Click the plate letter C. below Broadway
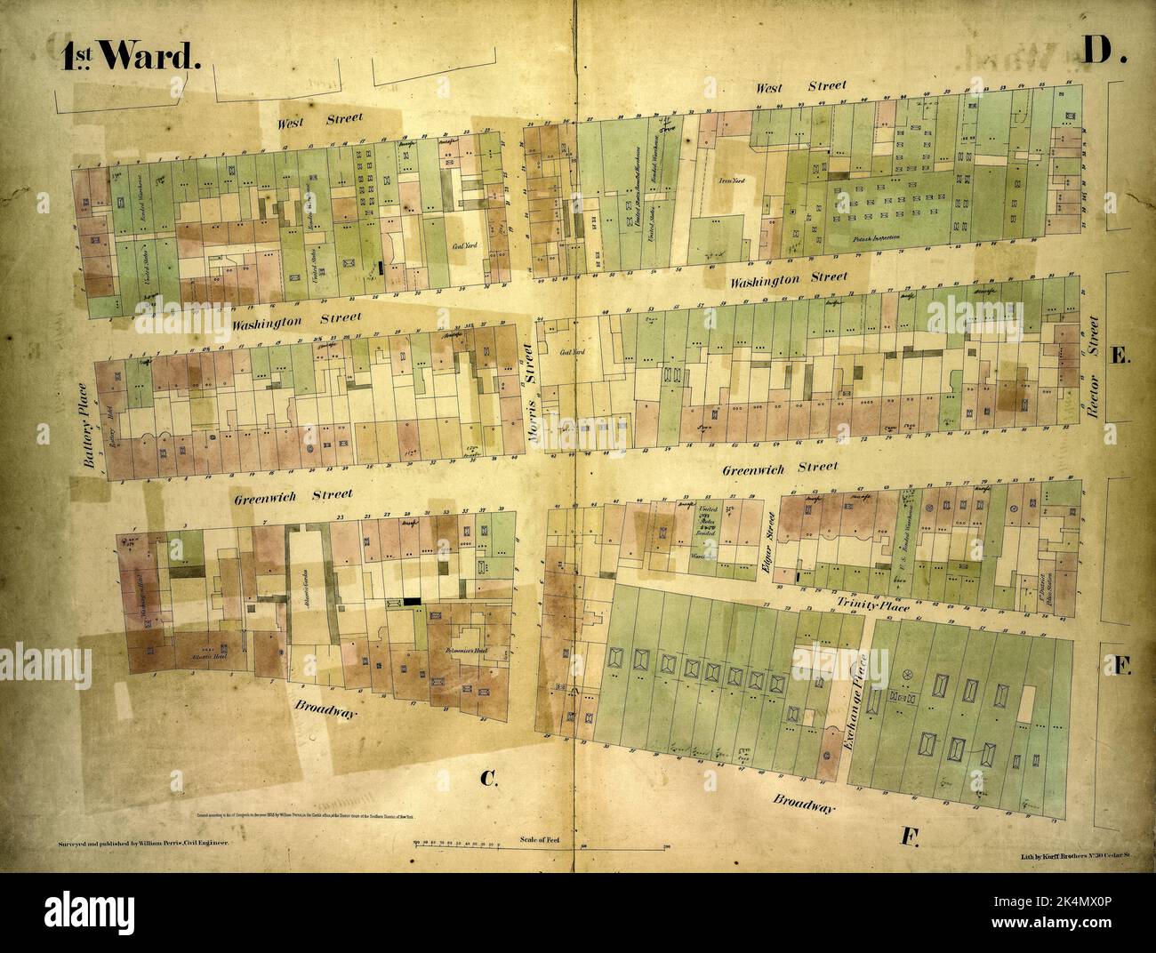pos(487,780)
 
